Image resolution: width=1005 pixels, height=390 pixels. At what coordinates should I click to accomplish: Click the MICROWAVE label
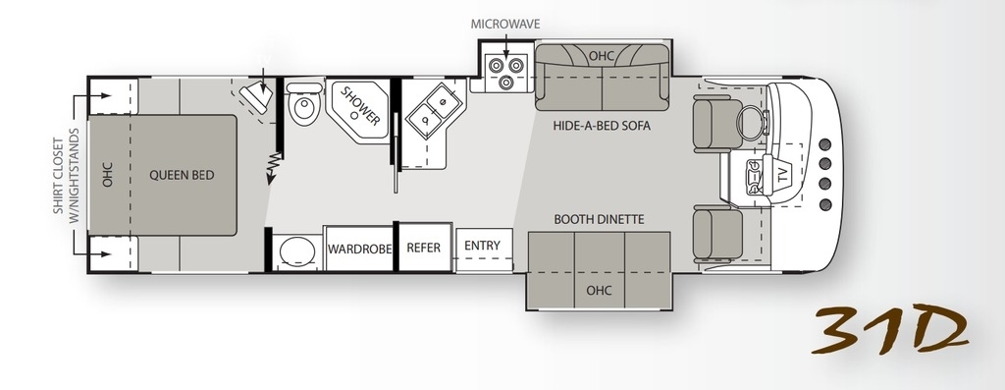tap(505, 25)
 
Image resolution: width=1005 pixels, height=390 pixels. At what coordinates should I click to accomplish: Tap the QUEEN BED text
tap(182, 175)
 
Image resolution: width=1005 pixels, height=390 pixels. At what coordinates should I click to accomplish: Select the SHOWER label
tap(360, 106)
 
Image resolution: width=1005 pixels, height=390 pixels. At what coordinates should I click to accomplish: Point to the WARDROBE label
tap(359, 249)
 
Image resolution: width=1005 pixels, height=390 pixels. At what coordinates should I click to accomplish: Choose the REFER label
tap(424, 248)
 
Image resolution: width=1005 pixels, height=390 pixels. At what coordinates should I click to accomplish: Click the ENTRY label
tap(482, 246)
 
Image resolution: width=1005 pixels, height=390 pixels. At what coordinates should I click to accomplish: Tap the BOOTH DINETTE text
tap(599, 219)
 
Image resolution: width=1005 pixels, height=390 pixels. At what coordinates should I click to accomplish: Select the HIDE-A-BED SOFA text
tap(602, 126)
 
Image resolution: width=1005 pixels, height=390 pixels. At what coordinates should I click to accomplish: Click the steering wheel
tap(751, 120)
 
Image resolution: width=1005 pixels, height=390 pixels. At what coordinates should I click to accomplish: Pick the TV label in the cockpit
tap(782, 176)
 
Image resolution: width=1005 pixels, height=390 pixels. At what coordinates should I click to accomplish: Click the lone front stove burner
tap(505, 82)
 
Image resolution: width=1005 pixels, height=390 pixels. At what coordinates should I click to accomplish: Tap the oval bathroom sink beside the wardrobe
tap(297, 251)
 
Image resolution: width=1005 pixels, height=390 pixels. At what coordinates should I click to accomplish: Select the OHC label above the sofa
tap(602, 56)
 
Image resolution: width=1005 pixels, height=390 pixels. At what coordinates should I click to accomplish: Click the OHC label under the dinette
tap(599, 291)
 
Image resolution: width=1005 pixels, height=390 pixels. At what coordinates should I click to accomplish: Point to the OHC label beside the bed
tap(107, 175)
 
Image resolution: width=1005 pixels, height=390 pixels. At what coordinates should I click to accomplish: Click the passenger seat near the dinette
tap(717, 235)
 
